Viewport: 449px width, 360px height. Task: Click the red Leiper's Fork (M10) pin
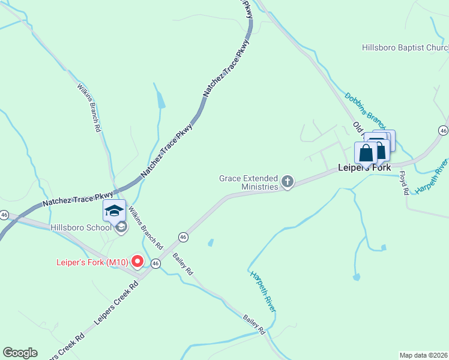[137, 261]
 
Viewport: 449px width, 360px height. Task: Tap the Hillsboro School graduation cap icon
[114, 210]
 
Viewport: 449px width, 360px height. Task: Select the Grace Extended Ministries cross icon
[288, 181]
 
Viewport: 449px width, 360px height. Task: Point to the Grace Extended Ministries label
[249, 182]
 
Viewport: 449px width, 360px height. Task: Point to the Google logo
[20, 353]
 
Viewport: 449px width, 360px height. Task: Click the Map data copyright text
[424, 355]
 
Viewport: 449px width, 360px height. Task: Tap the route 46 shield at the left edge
[4, 214]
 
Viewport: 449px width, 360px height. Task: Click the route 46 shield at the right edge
[443, 130]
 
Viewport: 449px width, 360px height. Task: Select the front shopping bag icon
[366, 153]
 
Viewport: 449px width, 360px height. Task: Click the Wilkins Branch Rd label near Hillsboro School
[146, 229]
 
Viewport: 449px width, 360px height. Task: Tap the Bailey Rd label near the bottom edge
[254, 323]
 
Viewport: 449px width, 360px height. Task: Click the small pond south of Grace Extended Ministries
[211, 243]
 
